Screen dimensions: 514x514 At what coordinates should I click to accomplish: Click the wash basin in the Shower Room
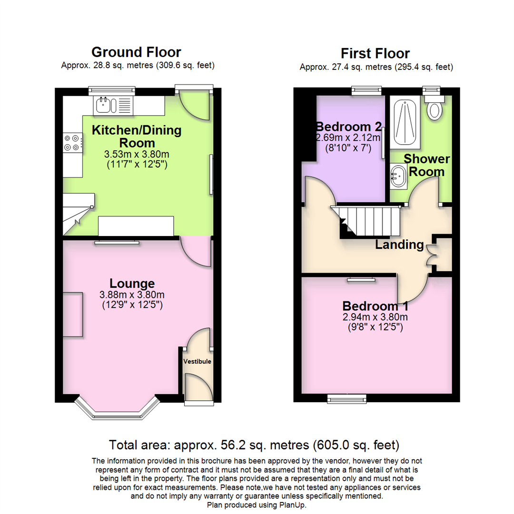tap(397, 177)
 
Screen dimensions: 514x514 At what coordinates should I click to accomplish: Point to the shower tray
tap(405, 121)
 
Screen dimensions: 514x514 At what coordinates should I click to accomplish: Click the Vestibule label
tap(197, 362)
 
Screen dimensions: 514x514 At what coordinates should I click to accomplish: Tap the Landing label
tap(399, 245)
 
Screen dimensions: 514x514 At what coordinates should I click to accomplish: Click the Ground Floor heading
tap(136, 52)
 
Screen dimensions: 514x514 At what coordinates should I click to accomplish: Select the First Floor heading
tap(376, 53)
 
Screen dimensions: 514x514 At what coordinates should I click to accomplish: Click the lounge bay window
tap(117, 410)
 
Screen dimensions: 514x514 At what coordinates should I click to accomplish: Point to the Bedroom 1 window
tap(347, 397)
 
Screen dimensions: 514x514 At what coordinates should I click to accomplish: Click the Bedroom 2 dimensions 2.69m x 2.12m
tap(349, 138)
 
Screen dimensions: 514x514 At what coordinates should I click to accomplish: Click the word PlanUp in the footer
tap(290, 504)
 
